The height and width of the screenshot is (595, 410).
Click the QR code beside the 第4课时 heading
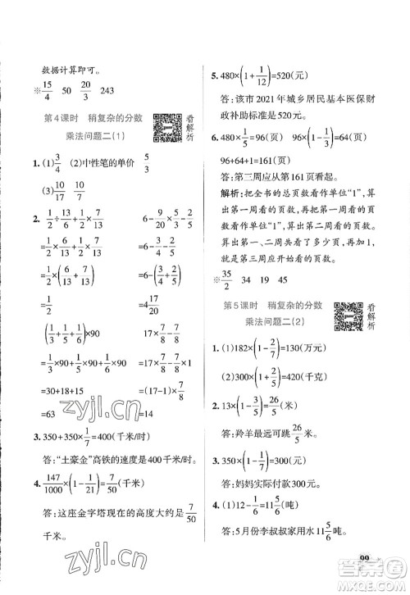point(164,128)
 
